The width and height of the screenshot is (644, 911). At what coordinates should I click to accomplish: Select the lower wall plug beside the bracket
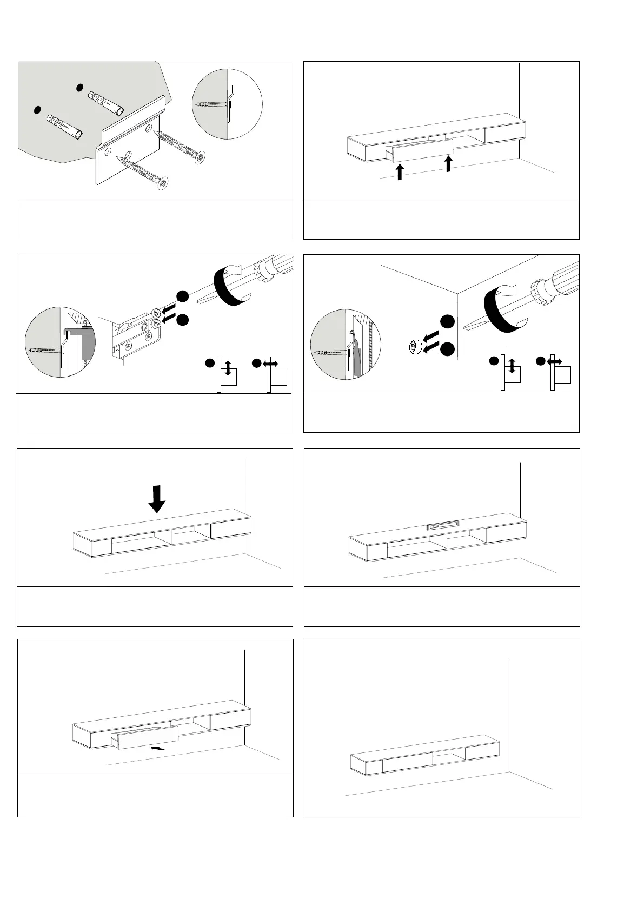(64, 126)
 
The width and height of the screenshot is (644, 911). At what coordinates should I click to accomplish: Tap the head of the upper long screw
(201, 157)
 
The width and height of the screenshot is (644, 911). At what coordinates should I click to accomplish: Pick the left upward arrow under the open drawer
(399, 171)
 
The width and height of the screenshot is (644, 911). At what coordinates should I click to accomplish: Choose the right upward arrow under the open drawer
(448, 163)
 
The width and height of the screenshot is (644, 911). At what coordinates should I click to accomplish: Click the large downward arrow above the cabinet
(157, 498)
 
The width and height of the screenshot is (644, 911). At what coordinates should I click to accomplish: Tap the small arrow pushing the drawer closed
(157, 748)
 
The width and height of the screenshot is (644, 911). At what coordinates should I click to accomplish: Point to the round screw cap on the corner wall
(414, 346)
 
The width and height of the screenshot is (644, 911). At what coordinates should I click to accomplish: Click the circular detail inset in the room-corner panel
(346, 344)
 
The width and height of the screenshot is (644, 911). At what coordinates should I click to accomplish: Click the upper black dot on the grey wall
(79, 87)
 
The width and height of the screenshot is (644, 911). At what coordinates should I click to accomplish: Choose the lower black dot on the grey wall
(37, 109)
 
